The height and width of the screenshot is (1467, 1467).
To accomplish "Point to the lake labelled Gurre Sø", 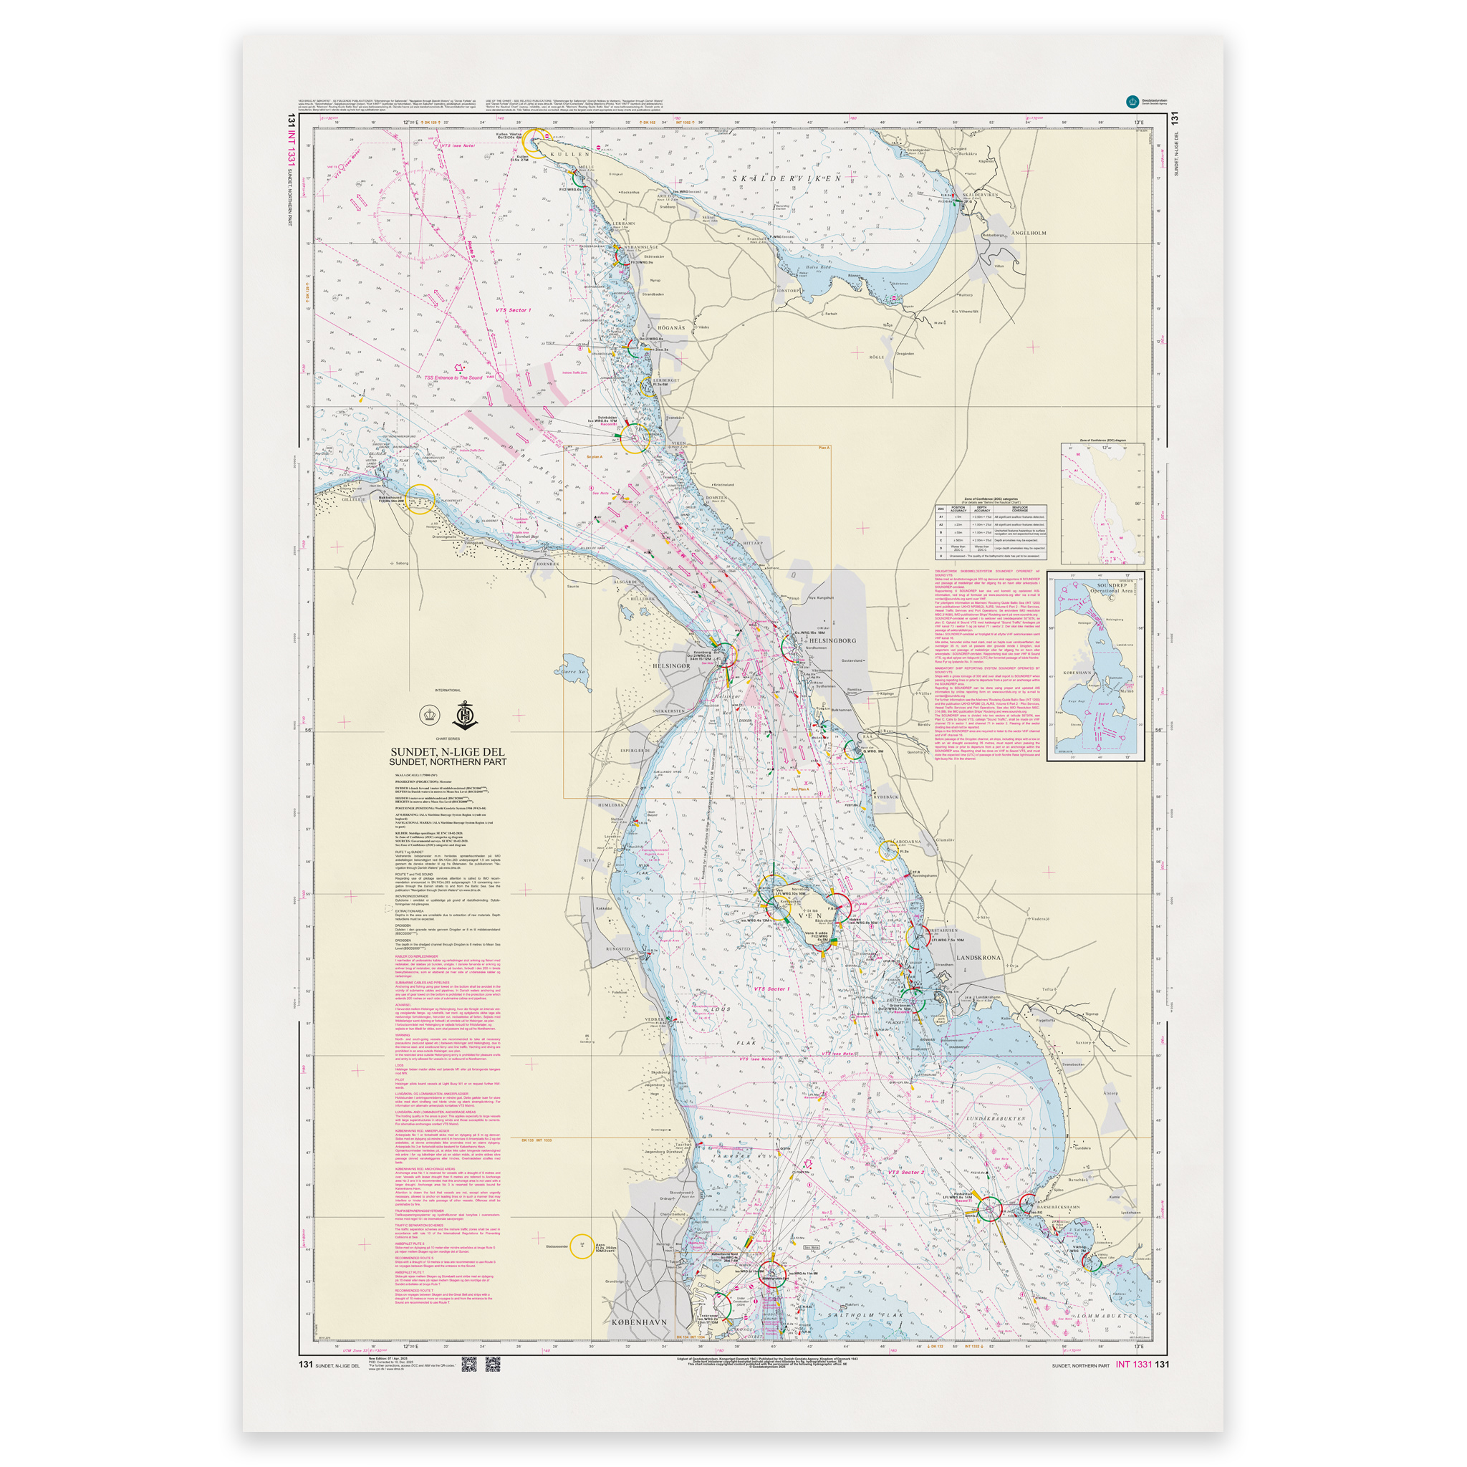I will pos(574,672).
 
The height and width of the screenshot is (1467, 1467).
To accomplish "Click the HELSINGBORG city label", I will pos(833,640).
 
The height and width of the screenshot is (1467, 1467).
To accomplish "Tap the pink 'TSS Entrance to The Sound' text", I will pos(453,377).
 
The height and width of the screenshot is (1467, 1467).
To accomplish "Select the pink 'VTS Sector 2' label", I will pos(906,1172).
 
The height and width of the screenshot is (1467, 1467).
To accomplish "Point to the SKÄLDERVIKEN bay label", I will pos(787,178).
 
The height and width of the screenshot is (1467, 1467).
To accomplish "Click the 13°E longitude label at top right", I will pos(1138,122).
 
